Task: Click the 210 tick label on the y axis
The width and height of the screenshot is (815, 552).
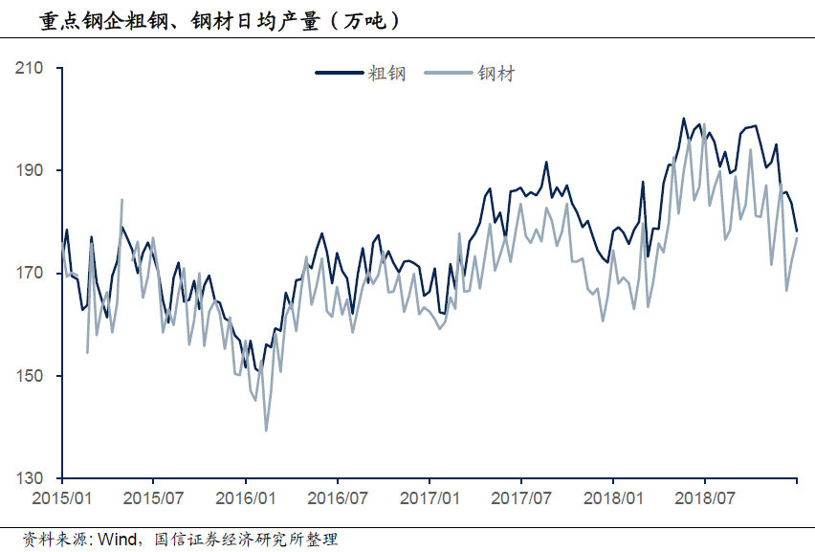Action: pyautogui.click(x=32, y=68)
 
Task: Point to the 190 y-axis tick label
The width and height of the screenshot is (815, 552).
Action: pyautogui.click(x=32, y=170)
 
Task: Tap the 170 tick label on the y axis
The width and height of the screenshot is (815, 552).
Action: pyautogui.click(x=32, y=274)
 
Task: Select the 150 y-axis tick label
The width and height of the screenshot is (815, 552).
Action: pyautogui.click(x=32, y=376)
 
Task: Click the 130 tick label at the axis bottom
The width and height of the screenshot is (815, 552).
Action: pyautogui.click(x=32, y=478)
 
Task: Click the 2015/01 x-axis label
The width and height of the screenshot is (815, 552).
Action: pyautogui.click(x=62, y=498)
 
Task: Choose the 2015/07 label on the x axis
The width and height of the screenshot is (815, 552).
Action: pyautogui.click(x=154, y=498)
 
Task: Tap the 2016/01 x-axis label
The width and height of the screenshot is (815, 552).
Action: pyautogui.click(x=247, y=498)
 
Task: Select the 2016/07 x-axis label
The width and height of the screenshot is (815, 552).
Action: pyautogui.click(x=338, y=498)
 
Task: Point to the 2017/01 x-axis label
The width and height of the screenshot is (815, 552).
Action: pyautogui.click(x=430, y=498)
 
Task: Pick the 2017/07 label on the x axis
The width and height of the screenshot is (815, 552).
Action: pyautogui.click(x=521, y=498)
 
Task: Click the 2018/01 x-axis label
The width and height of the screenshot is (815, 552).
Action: pyautogui.click(x=613, y=498)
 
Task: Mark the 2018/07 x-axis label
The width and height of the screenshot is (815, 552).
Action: pyautogui.click(x=705, y=498)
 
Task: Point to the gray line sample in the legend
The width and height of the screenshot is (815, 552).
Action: pyautogui.click(x=449, y=74)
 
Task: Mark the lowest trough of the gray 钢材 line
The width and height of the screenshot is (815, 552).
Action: pyautogui.click(x=266, y=431)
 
